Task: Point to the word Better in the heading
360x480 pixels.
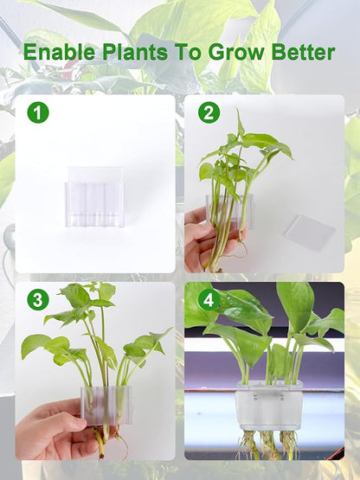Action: pyautogui.click(x=303, y=52)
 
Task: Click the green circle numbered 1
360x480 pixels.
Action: pyautogui.click(x=37, y=112)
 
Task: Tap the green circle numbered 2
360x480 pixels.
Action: pyautogui.click(x=209, y=112)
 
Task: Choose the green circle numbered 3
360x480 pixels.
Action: pyautogui.click(x=37, y=300)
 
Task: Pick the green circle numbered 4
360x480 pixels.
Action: pyautogui.click(x=208, y=300)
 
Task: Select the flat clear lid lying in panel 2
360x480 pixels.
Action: pyautogui.click(x=309, y=231)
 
